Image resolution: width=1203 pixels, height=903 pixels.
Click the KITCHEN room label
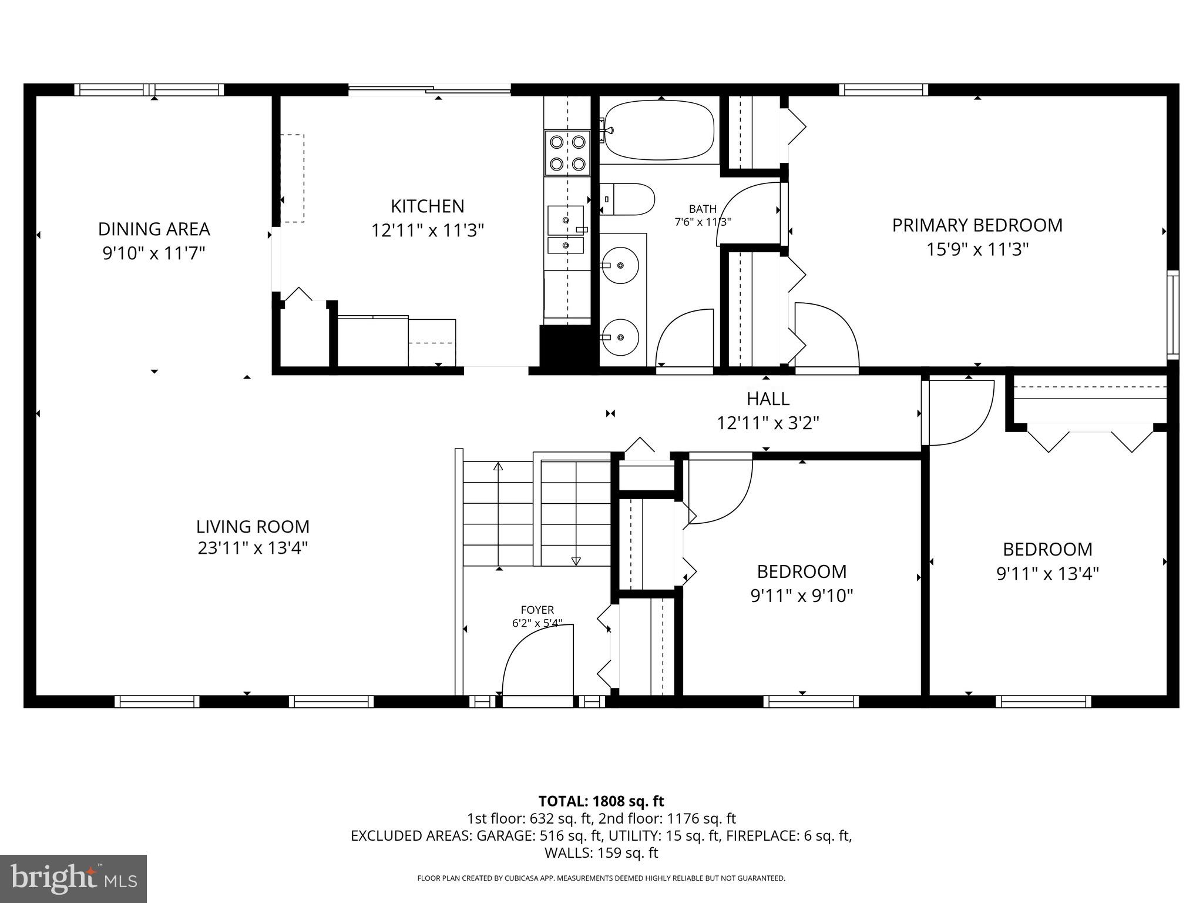point(427,206)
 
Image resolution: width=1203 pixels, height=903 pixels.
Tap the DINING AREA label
point(154,229)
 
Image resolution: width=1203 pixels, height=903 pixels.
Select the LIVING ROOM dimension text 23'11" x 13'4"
point(253,548)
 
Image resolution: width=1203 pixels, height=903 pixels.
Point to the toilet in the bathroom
point(627,199)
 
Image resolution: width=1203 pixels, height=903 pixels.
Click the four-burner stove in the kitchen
point(567,153)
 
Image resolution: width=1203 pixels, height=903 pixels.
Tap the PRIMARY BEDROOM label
point(977,225)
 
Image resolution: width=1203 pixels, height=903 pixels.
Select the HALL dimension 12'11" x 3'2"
point(768,423)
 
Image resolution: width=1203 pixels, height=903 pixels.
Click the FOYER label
point(537,610)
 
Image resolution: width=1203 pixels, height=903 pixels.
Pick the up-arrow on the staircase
point(498,467)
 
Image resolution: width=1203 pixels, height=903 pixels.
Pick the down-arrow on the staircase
point(576,561)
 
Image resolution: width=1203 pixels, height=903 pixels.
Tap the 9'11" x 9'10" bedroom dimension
point(801,596)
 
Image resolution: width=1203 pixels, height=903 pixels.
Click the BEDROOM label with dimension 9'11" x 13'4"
point(1047,549)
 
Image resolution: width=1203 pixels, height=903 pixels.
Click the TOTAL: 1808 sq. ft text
point(601,801)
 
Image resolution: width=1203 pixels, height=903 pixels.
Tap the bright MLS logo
point(73,878)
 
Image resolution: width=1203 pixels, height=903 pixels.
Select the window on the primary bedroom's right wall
point(1172,315)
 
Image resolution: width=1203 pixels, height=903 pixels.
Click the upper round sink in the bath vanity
point(621,266)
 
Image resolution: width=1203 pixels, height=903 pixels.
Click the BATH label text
point(703,209)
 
